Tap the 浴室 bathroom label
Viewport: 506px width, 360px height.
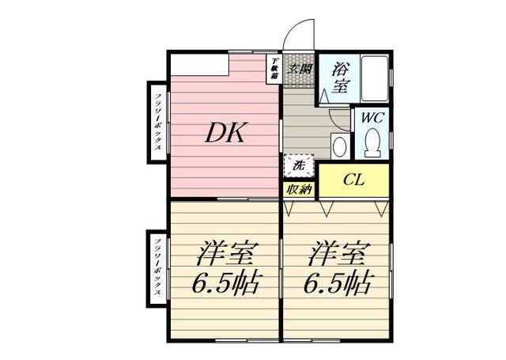click(x=342, y=78)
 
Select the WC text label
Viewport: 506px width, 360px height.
click(x=372, y=117)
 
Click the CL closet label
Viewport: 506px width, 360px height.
click(x=353, y=180)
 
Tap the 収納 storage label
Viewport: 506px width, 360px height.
click(x=299, y=189)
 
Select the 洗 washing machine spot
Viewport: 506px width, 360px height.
click(x=299, y=166)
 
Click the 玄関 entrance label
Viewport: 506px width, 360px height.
click(x=300, y=69)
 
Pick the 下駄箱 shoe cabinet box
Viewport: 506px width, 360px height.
click(x=274, y=69)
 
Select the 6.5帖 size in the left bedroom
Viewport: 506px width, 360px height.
click(x=225, y=282)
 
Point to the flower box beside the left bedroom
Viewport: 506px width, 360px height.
click(x=158, y=267)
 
